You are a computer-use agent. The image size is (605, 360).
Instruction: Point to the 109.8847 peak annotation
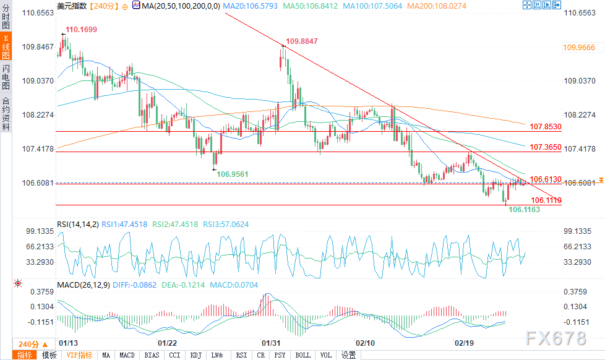click(301, 41)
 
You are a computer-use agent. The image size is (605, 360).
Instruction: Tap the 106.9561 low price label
click(232, 174)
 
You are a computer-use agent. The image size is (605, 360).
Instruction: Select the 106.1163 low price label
click(524, 210)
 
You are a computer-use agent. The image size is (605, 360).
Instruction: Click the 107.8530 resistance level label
click(545, 127)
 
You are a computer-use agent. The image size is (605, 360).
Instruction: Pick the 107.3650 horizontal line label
click(545, 147)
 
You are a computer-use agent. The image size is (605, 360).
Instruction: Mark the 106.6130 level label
click(545, 179)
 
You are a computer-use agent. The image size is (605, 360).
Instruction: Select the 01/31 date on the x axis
click(272, 341)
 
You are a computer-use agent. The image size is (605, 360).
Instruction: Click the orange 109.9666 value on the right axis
click(579, 47)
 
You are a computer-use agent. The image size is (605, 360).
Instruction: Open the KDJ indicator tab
click(196, 355)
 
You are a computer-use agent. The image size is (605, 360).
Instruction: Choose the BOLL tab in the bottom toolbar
click(303, 355)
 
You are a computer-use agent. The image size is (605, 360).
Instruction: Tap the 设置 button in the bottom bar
click(349, 355)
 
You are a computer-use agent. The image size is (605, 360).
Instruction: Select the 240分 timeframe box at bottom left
click(28, 344)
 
